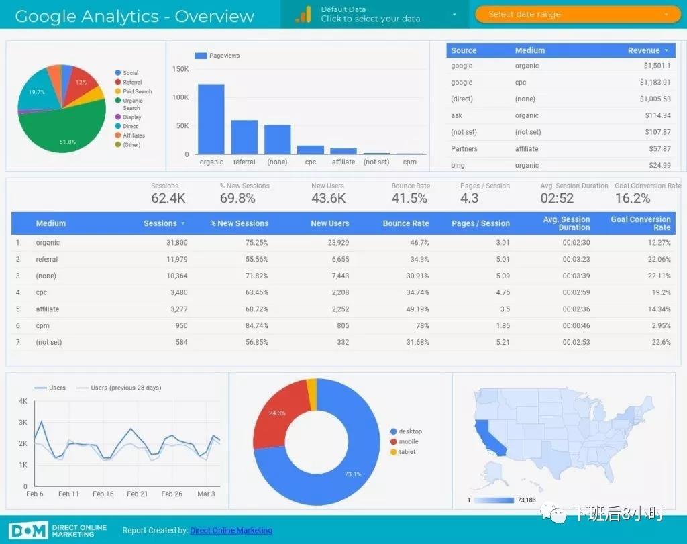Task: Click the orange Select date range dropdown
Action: [x=578, y=14]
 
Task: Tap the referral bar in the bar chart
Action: [x=244, y=137]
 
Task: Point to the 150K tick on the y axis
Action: [x=180, y=69]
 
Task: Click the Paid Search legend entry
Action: [x=137, y=91]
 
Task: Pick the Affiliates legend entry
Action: [x=134, y=135]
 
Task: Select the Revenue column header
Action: [x=644, y=50]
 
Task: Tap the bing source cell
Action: [x=458, y=165]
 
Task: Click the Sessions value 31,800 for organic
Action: [x=176, y=243]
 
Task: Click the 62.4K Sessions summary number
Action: [x=168, y=198]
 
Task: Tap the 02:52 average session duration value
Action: [x=557, y=198]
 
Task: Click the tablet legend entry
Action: [x=407, y=452]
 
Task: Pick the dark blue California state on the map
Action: [x=484, y=436]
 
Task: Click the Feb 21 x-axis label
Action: [x=138, y=494]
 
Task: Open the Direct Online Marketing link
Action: [x=231, y=531]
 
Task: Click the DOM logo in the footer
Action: [x=28, y=530]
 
